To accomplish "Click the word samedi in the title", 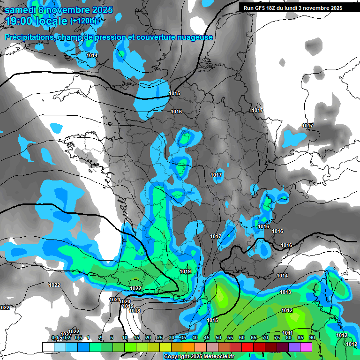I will (18, 10).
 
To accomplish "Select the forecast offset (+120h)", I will (83, 21).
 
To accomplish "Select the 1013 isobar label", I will (285, 292).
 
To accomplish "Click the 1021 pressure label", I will (114, 300).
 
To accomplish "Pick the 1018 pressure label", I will (135, 311).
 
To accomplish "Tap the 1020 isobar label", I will (125, 302).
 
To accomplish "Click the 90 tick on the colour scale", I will (312, 337).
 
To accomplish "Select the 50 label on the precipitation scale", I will (218, 337).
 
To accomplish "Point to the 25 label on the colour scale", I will (160, 337).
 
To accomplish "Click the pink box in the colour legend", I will (306, 347).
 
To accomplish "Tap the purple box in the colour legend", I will (294, 347).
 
